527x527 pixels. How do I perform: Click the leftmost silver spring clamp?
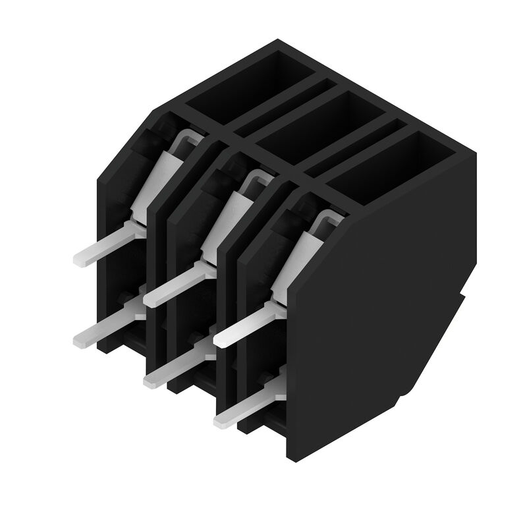153,181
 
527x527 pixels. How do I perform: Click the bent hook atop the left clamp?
188,138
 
